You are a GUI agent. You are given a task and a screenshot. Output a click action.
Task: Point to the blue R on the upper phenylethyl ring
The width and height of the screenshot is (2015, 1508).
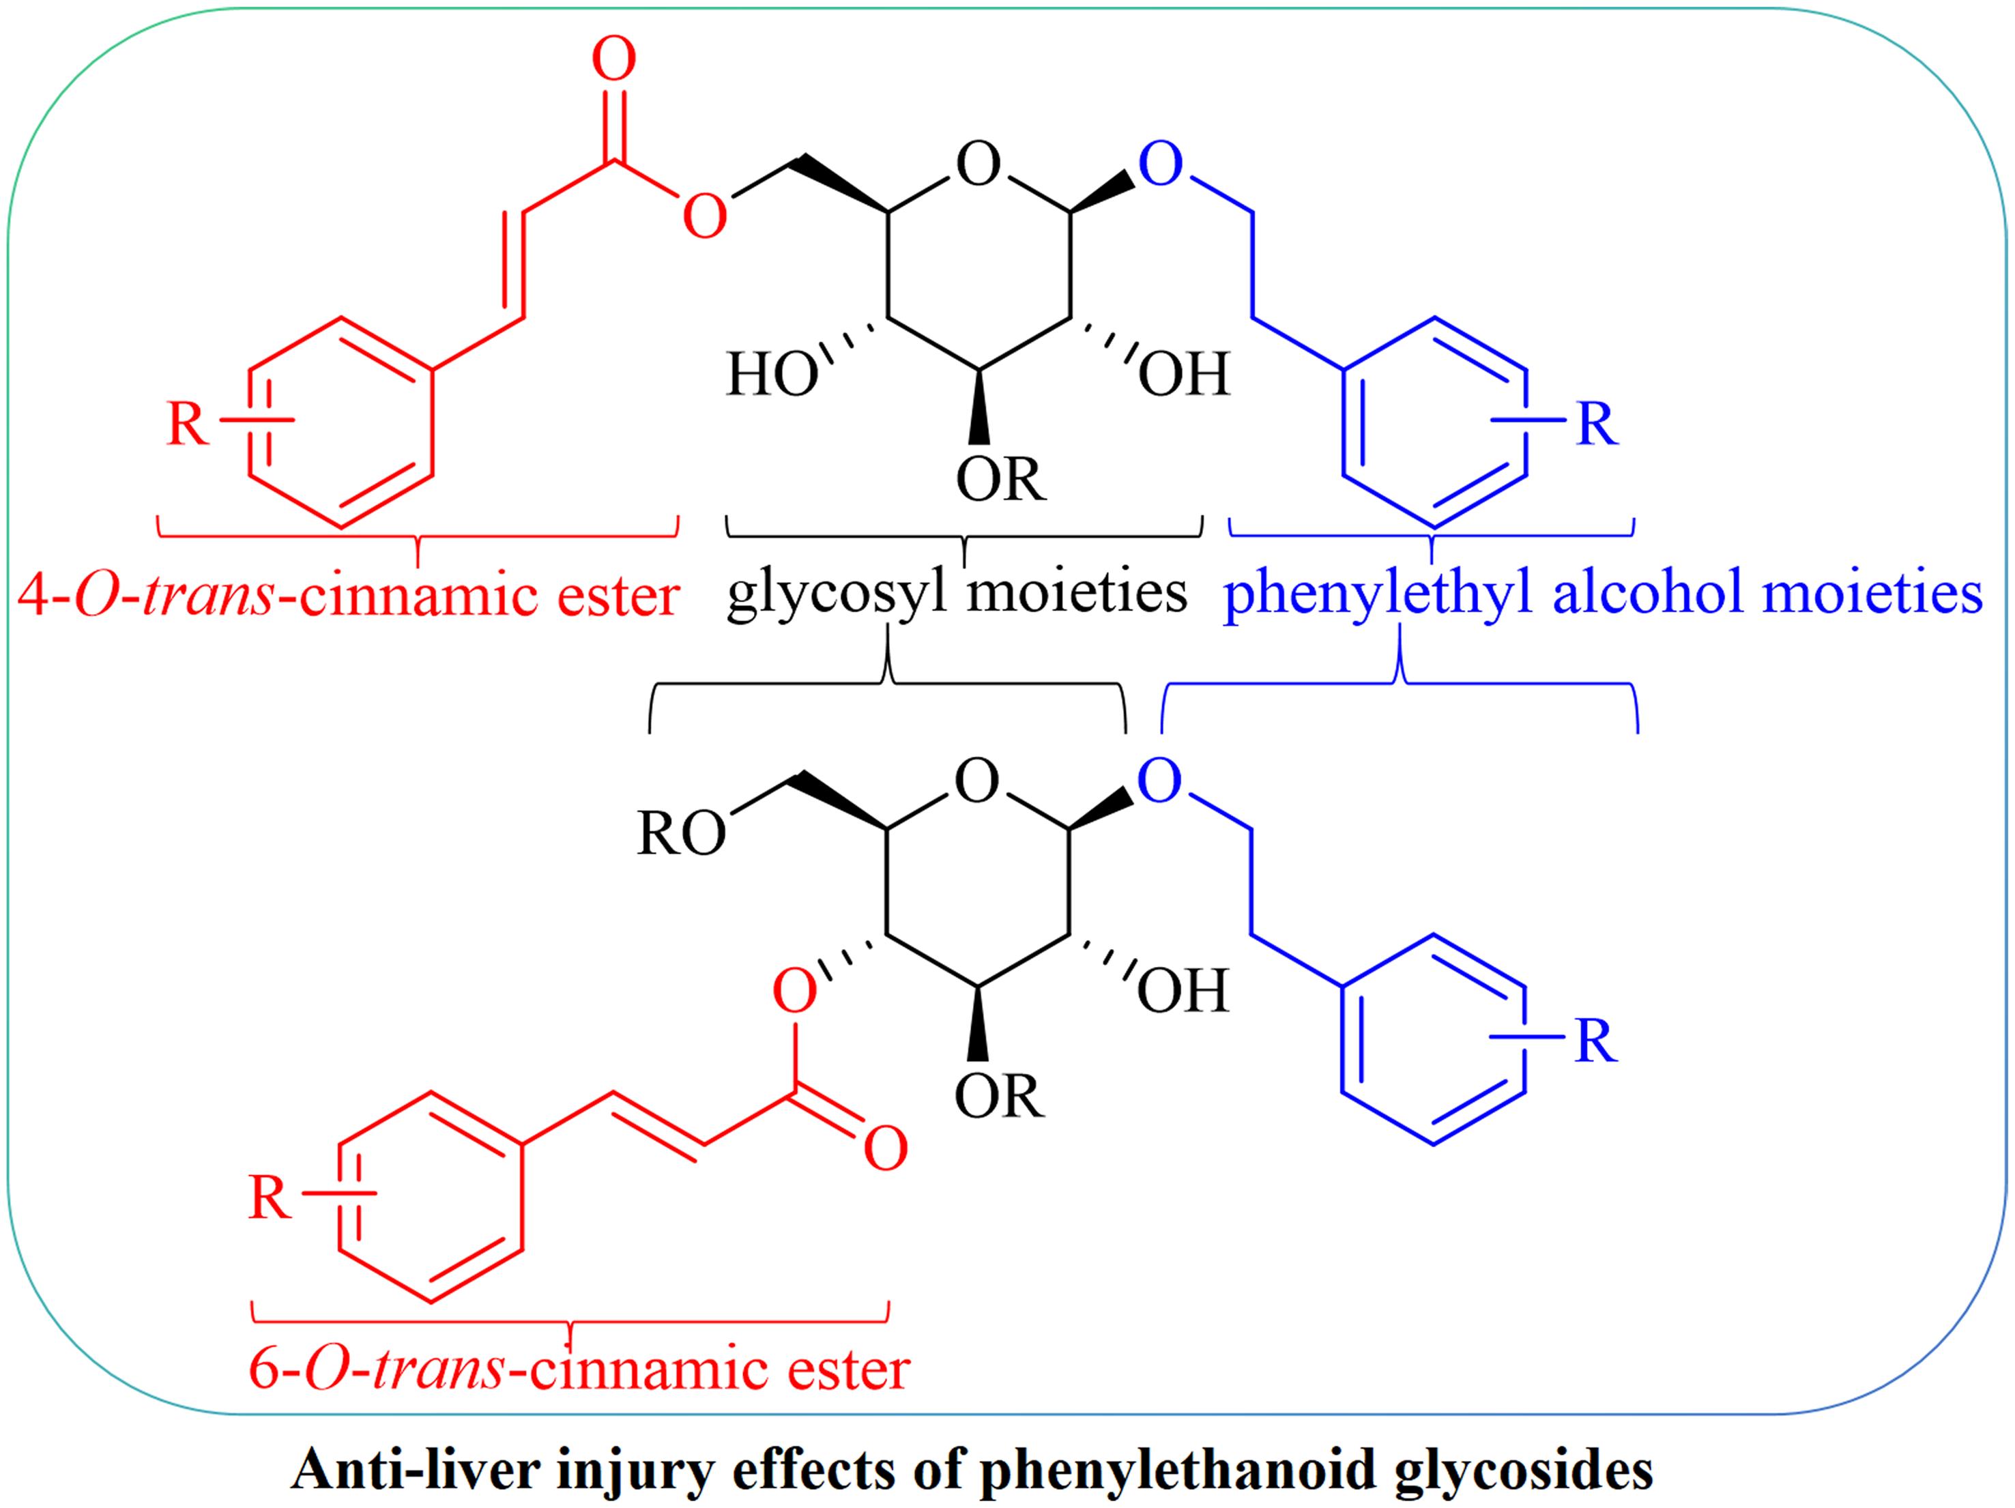pyautogui.click(x=1597, y=424)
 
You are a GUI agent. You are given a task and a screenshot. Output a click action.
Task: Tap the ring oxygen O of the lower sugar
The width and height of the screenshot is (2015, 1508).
pyautogui.click(x=977, y=783)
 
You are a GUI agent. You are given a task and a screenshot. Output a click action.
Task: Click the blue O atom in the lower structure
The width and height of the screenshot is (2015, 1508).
pyautogui.click(x=1159, y=782)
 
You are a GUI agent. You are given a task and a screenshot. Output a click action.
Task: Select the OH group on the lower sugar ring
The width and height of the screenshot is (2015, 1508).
pyautogui.click(x=1183, y=991)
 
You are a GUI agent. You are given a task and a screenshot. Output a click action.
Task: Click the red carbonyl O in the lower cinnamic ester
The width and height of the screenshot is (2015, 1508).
pyautogui.click(x=886, y=1149)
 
